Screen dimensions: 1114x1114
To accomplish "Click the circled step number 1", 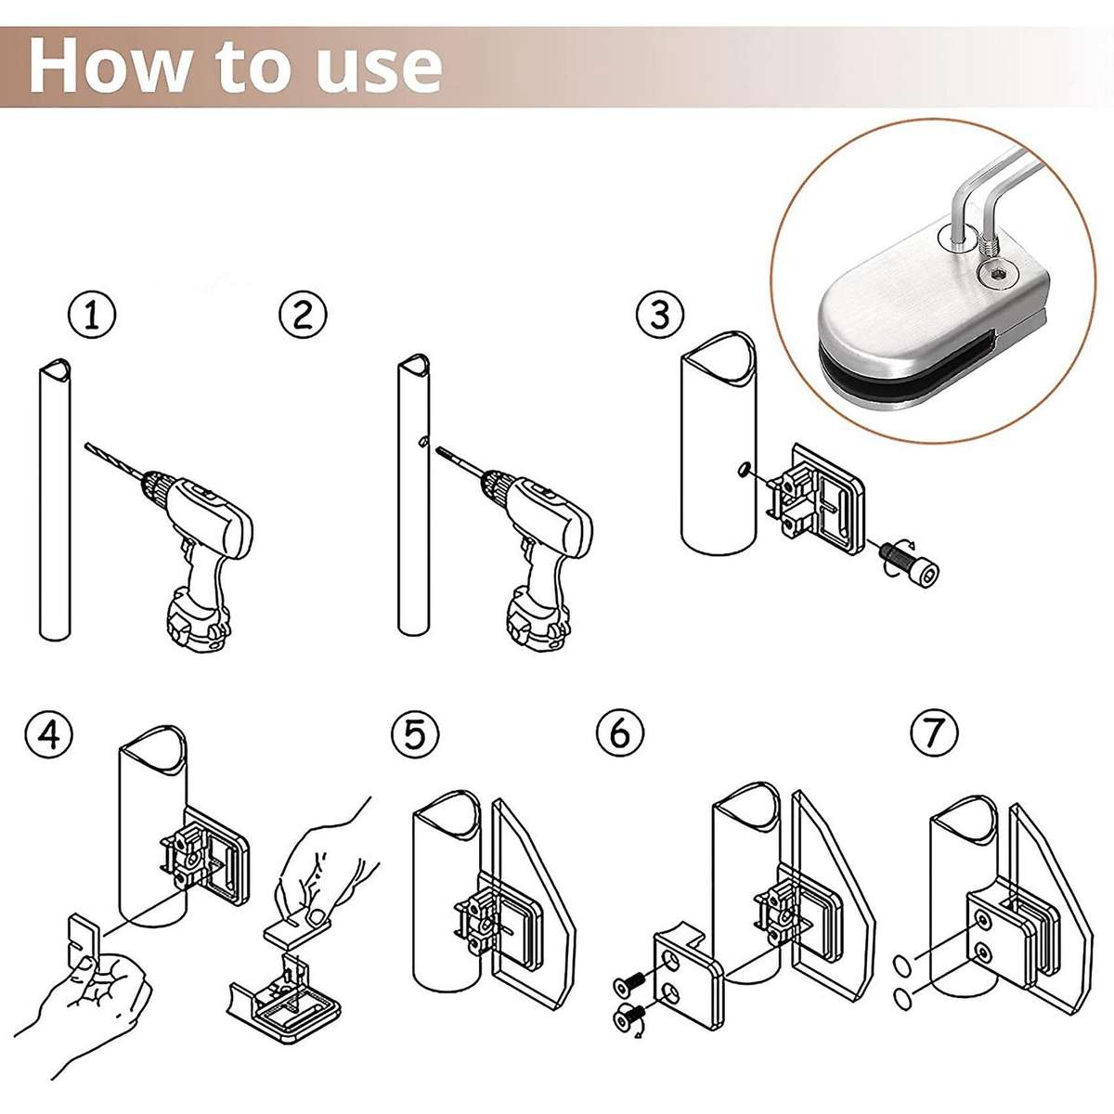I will click(91, 316).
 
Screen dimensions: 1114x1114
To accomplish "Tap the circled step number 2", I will click(303, 316).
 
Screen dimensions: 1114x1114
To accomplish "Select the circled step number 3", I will click(660, 316).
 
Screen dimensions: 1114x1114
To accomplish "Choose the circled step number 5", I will click(415, 734).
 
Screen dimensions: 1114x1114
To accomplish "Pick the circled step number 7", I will click(934, 734).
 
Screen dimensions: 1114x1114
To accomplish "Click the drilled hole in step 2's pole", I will click(422, 443).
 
